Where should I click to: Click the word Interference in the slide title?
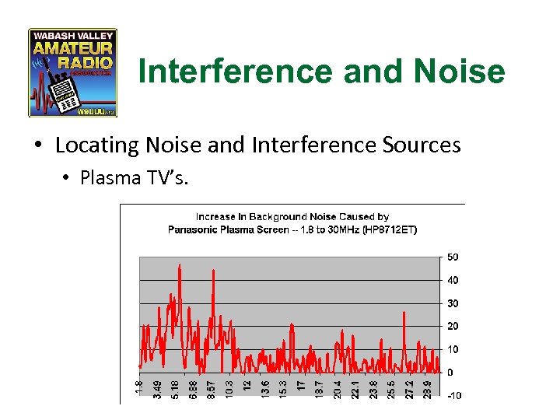tap(227, 72)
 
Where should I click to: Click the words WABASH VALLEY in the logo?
tap(72, 36)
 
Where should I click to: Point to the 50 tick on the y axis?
tap(452, 257)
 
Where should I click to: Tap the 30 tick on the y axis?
tap(452, 303)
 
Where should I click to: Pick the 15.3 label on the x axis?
tap(284, 388)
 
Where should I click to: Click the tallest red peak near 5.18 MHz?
tap(180, 266)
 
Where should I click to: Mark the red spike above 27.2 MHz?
tap(405, 313)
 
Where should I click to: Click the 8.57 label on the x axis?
tap(212, 388)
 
